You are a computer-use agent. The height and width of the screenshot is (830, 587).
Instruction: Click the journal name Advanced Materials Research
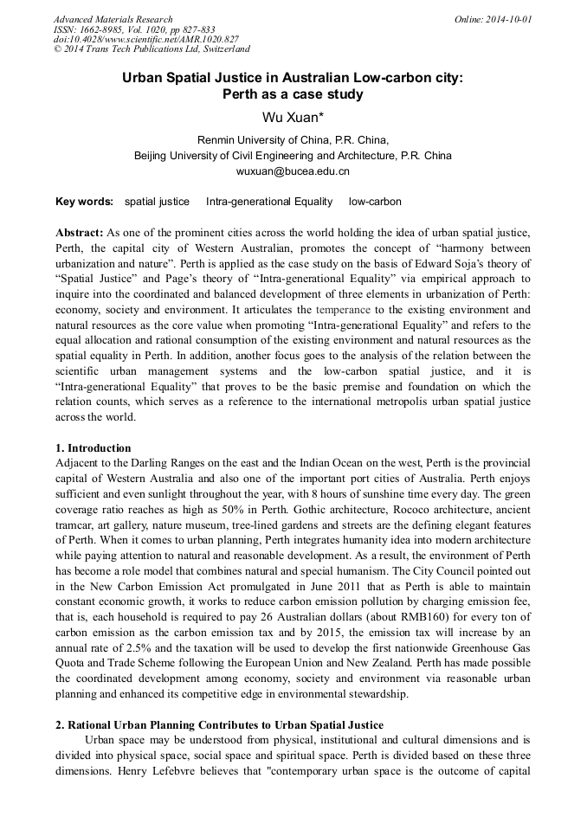coord(113,19)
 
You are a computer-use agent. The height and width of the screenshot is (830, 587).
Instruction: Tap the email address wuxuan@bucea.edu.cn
coord(293,171)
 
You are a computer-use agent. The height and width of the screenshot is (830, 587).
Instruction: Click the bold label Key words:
coord(84,202)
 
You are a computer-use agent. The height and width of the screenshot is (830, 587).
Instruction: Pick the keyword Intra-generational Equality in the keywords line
coord(269,202)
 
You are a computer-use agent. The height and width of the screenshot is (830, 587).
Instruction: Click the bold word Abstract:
coord(80,233)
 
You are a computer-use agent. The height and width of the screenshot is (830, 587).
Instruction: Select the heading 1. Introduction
coord(94,448)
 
